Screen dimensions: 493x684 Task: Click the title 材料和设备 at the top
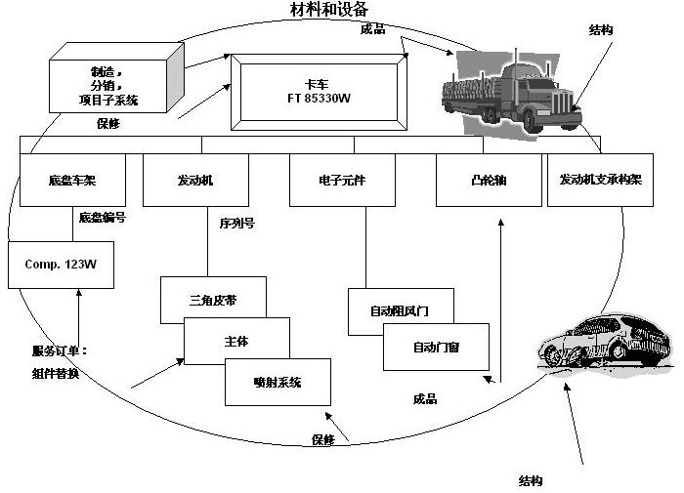(329, 10)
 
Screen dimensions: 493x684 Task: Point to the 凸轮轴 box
(488, 181)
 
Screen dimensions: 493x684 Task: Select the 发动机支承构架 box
(600, 181)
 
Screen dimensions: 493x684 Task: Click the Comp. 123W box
(61, 265)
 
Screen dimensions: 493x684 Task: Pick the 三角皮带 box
(212, 300)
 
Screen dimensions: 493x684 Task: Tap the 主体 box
(237, 341)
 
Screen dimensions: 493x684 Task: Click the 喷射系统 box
(278, 382)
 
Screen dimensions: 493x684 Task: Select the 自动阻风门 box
(400, 310)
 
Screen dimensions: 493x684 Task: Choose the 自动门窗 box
(436, 347)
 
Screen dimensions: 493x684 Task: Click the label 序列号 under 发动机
(237, 223)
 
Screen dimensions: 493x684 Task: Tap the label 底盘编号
(102, 217)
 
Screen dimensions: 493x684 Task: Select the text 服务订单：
(60, 350)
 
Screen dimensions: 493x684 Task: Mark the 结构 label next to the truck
(601, 30)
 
